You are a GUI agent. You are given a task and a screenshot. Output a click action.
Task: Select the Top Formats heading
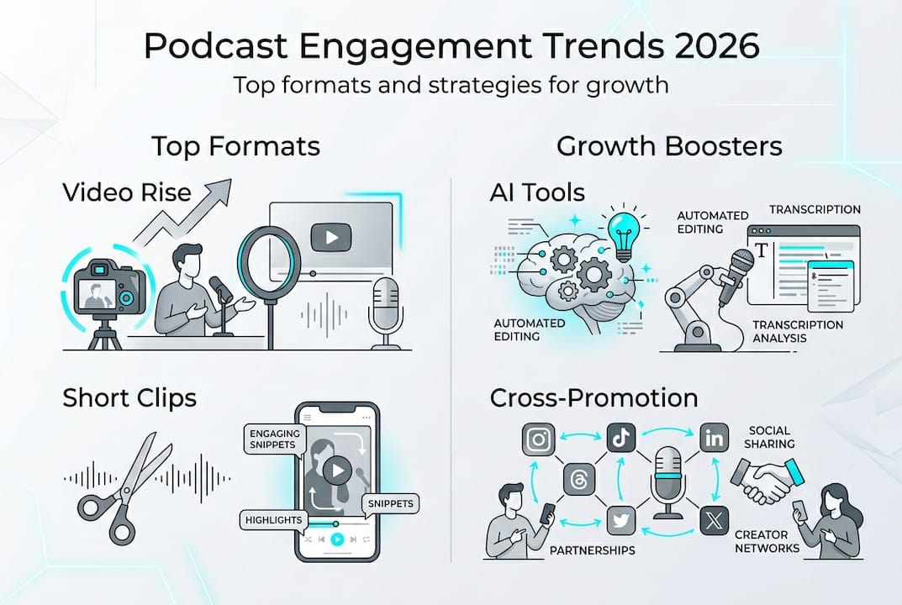click(x=235, y=146)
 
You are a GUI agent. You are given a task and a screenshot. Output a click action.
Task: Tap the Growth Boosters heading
click(x=669, y=146)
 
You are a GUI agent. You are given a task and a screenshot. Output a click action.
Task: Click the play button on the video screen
click(x=331, y=238)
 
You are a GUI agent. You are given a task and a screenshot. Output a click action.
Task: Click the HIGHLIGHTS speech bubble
click(x=273, y=520)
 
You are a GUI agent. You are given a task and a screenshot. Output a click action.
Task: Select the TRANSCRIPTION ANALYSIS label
click(x=797, y=331)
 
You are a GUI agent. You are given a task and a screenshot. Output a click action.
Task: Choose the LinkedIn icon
click(x=713, y=439)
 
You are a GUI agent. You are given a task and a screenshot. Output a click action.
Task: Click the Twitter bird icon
click(x=621, y=521)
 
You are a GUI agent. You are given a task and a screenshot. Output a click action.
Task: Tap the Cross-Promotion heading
click(x=593, y=397)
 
